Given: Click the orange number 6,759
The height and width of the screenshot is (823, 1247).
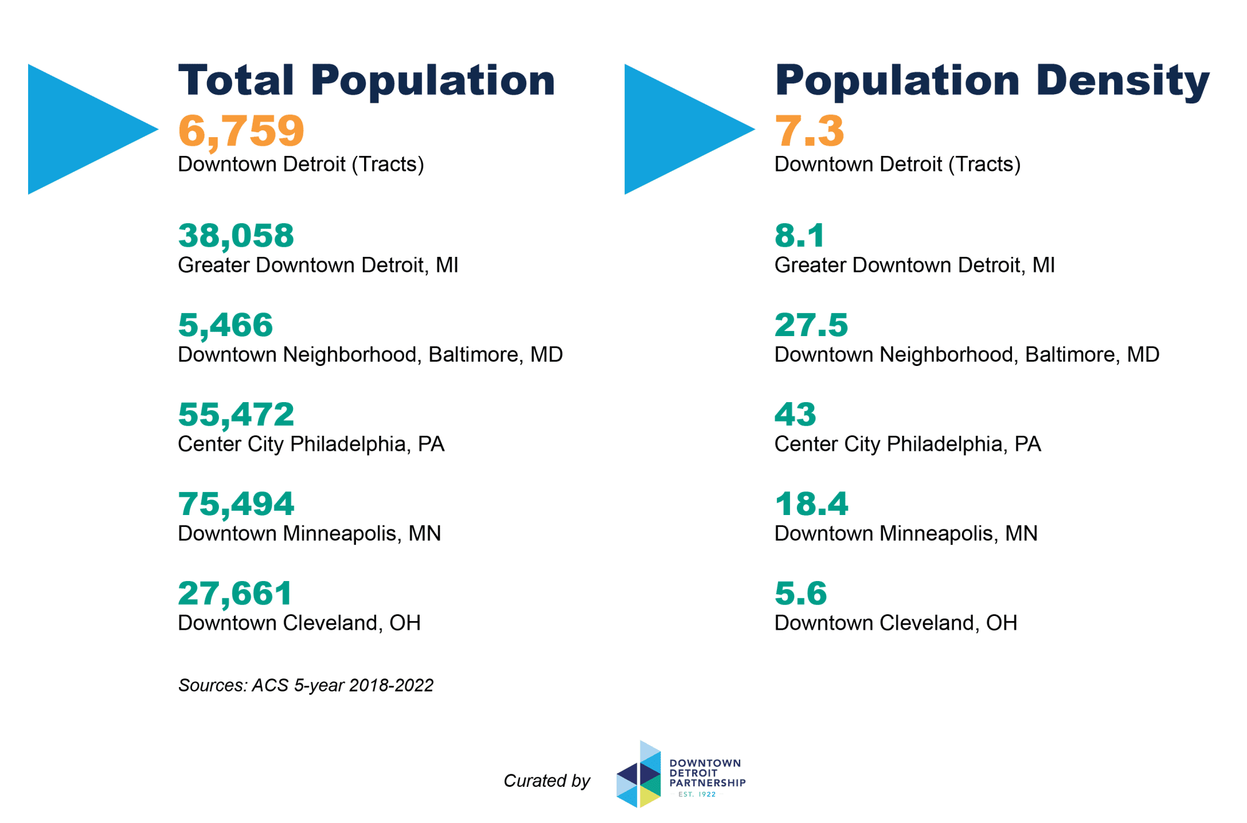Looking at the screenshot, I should point(241,131).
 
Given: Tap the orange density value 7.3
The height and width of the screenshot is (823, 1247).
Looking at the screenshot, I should point(809,131).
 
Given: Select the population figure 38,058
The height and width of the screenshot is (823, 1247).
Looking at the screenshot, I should point(236,236).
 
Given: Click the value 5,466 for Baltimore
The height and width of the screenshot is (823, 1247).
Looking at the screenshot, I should point(225,325).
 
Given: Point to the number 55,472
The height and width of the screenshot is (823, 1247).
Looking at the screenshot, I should point(236,415).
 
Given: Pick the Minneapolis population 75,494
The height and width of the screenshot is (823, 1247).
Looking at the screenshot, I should point(236,504).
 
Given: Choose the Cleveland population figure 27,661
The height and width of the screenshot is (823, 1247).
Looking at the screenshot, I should point(234,594).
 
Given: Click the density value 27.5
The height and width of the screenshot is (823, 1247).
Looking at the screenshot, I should point(811,325).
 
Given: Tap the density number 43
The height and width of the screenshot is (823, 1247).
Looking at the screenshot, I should point(795,415).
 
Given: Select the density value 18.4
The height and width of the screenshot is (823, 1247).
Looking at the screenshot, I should point(811,504).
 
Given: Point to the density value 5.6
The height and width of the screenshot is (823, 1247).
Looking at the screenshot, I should point(800,594).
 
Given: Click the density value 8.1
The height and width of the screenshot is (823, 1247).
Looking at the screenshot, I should point(799,236).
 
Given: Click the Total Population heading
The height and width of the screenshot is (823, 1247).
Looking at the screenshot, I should point(367,81).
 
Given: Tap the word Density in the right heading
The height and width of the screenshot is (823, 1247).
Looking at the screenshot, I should point(1122,81).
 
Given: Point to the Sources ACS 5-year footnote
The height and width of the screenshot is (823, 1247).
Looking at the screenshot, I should point(306,685).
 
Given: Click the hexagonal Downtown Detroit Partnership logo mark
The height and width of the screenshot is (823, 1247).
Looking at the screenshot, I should point(638,775).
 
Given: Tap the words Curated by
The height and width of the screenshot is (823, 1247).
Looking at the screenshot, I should point(546,781).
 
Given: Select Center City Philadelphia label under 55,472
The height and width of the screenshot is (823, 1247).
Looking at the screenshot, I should point(311,444).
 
